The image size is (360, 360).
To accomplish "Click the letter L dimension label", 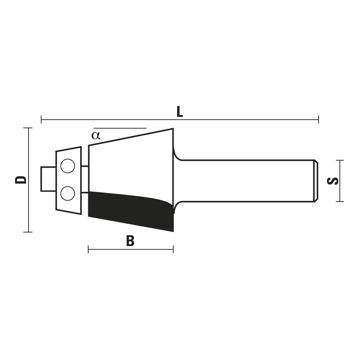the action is tap(180, 112).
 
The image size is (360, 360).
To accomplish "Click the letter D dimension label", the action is tap(21, 180).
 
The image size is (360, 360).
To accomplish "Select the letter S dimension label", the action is tap(332, 181).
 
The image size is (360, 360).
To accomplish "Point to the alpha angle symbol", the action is tap(96, 135).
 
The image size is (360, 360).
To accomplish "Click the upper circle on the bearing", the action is tap(68, 166).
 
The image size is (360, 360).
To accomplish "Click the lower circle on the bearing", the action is tap(68, 193).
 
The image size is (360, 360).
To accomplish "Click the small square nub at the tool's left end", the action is tap(48, 179).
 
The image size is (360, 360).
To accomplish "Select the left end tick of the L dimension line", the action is tap(41, 120).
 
